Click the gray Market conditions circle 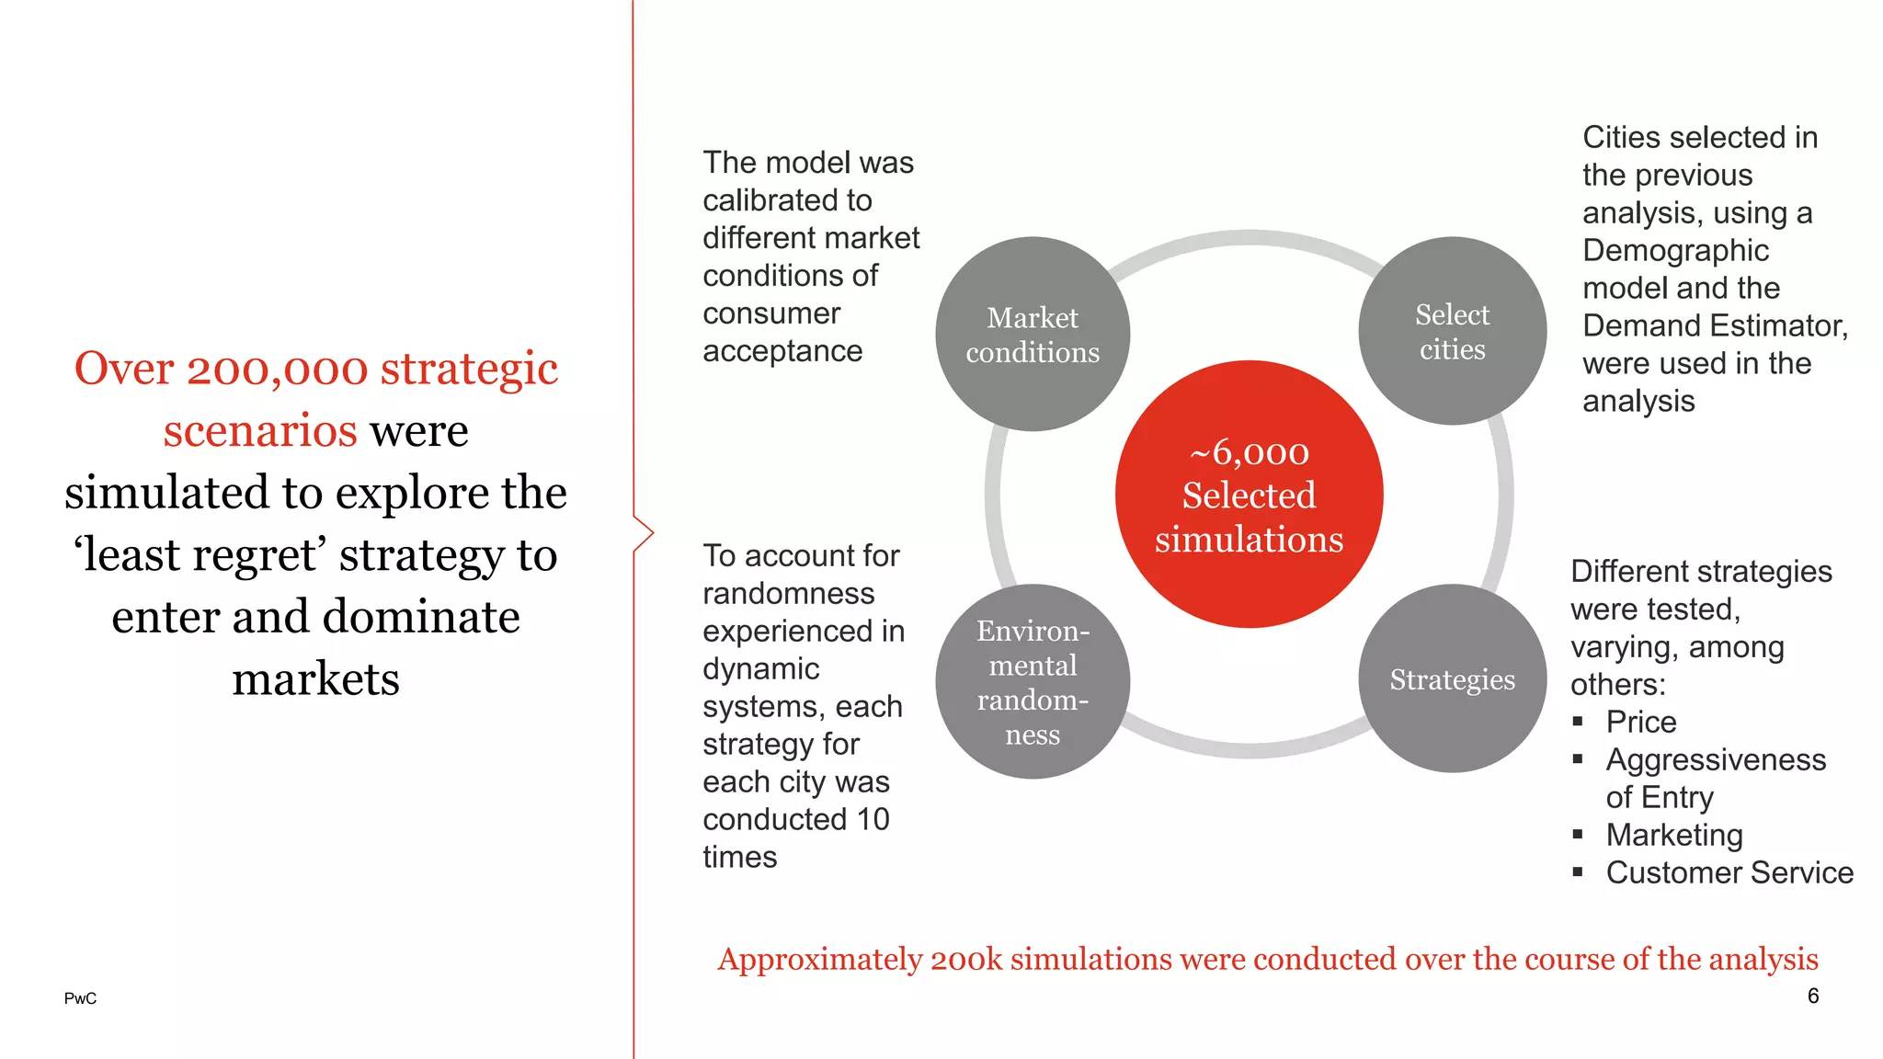click(x=1033, y=334)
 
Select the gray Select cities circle click(x=1452, y=331)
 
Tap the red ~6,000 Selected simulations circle click(x=1249, y=495)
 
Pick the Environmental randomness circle click(x=1033, y=681)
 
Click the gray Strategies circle click(x=1452, y=678)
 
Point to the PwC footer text click(x=80, y=998)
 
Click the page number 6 click(x=1812, y=996)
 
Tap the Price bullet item click(x=1640, y=722)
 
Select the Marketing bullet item click(x=1673, y=835)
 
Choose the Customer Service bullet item click(x=1729, y=872)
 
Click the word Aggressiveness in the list click(x=1715, y=759)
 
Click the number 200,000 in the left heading click(x=278, y=369)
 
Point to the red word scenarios click(x=260, y=430)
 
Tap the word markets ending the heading click(x=315, y=679)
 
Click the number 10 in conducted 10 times click(x=873, y=819)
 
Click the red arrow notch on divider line click(x=645, y=533)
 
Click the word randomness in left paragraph click(x=788, y=593)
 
